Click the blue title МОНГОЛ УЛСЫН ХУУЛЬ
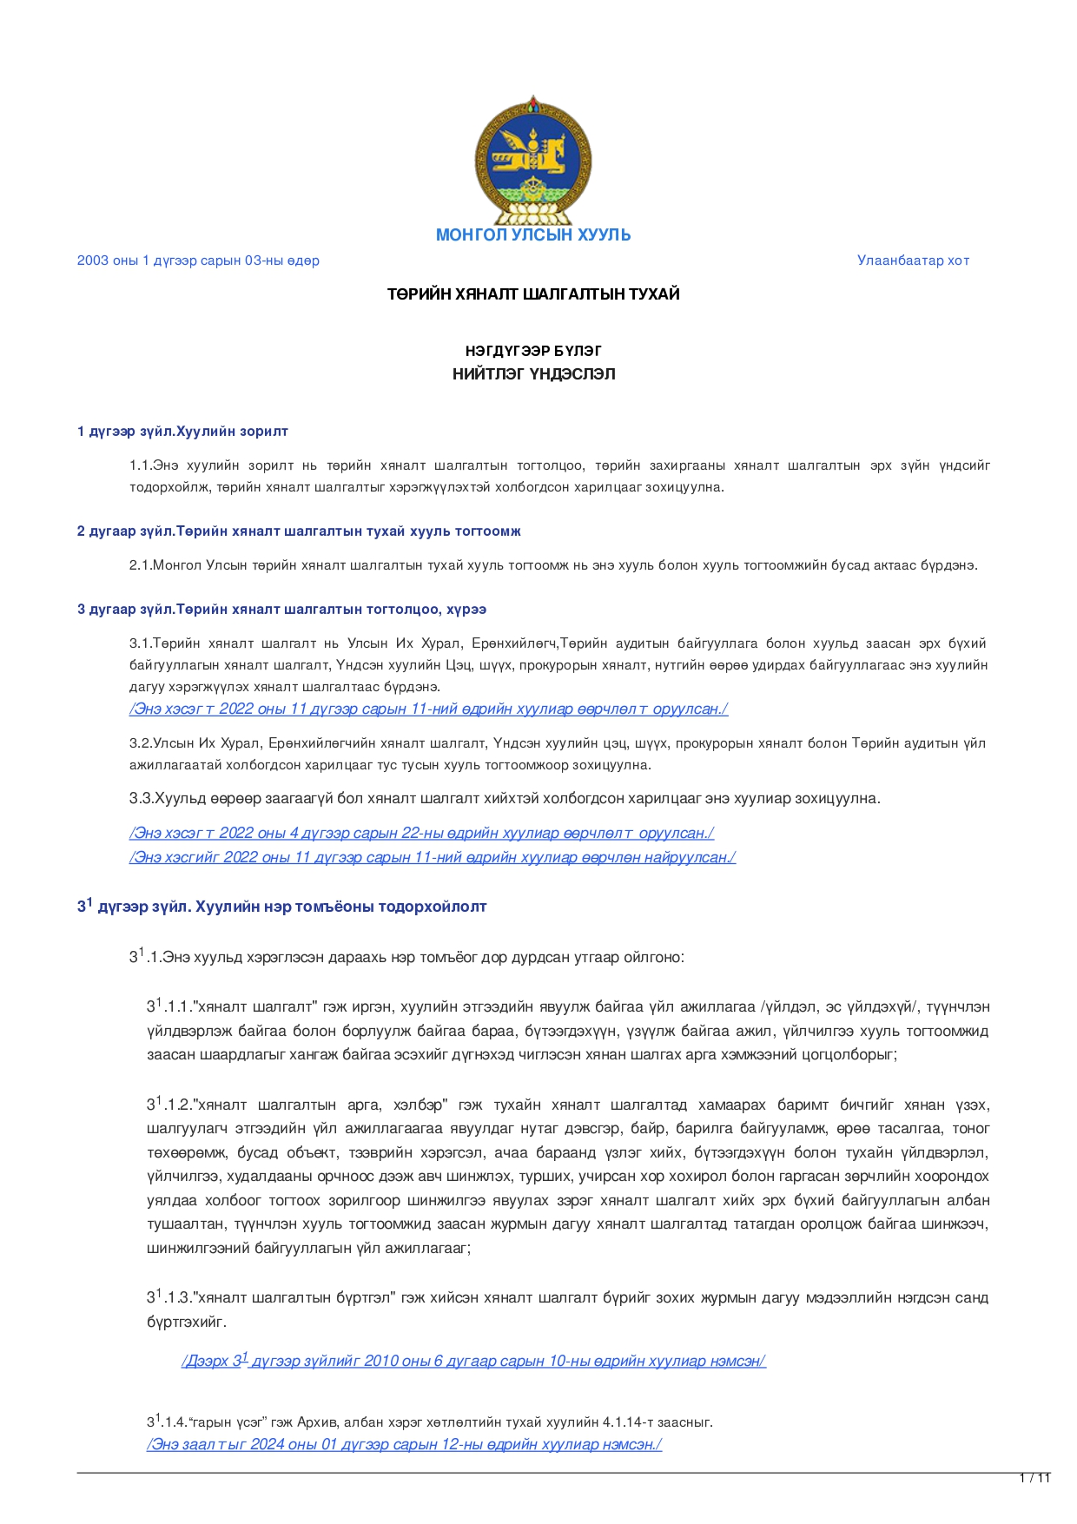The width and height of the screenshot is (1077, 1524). click(532, 235)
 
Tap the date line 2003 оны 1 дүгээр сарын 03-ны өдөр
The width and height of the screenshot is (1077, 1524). click(198, 261)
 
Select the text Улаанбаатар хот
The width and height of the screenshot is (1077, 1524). click(913, 261)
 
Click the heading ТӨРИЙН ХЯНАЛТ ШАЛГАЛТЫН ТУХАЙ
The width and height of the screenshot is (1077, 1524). click(533, 294)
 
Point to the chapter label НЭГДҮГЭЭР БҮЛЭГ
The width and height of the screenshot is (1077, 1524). click(533, 351)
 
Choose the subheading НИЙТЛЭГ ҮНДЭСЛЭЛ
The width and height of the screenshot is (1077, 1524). click(533, 374)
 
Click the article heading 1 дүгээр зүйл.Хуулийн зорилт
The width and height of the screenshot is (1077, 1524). click(182, 432)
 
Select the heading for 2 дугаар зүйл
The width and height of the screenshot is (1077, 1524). click(299, 531)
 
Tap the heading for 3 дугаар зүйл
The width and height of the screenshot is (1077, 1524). click(281, 610)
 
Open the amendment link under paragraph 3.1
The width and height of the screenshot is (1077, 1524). click(428, 709)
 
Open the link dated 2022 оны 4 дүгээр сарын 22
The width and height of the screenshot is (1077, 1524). click(421, 834)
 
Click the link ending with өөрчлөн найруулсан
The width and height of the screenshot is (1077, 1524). click(433, 858)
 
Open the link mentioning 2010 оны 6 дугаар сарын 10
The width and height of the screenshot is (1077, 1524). click(473, 1361)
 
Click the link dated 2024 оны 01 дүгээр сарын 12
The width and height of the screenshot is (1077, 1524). click(404, 1445)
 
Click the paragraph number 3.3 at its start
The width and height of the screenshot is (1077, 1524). click(141, 799)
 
